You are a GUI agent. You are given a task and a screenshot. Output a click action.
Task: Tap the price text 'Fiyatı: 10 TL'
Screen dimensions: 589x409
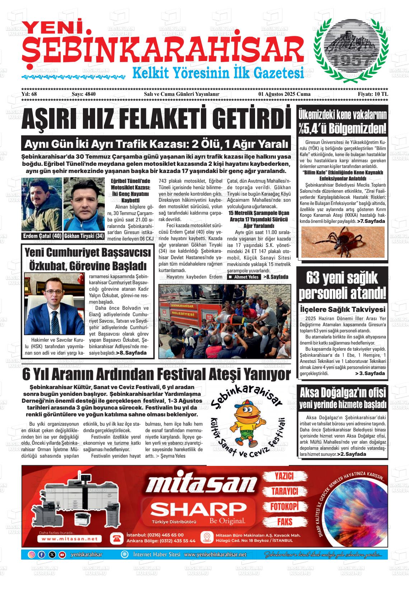point(373,104)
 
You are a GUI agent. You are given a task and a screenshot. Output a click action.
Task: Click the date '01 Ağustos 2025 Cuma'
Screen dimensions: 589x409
point(285,104)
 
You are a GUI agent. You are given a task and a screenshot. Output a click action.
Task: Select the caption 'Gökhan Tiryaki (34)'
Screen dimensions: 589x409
point(84,236)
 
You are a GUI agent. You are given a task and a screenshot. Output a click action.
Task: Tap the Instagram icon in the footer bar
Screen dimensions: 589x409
point(32,555)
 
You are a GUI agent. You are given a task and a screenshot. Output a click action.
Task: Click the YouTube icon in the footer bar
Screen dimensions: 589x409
point(62,555)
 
